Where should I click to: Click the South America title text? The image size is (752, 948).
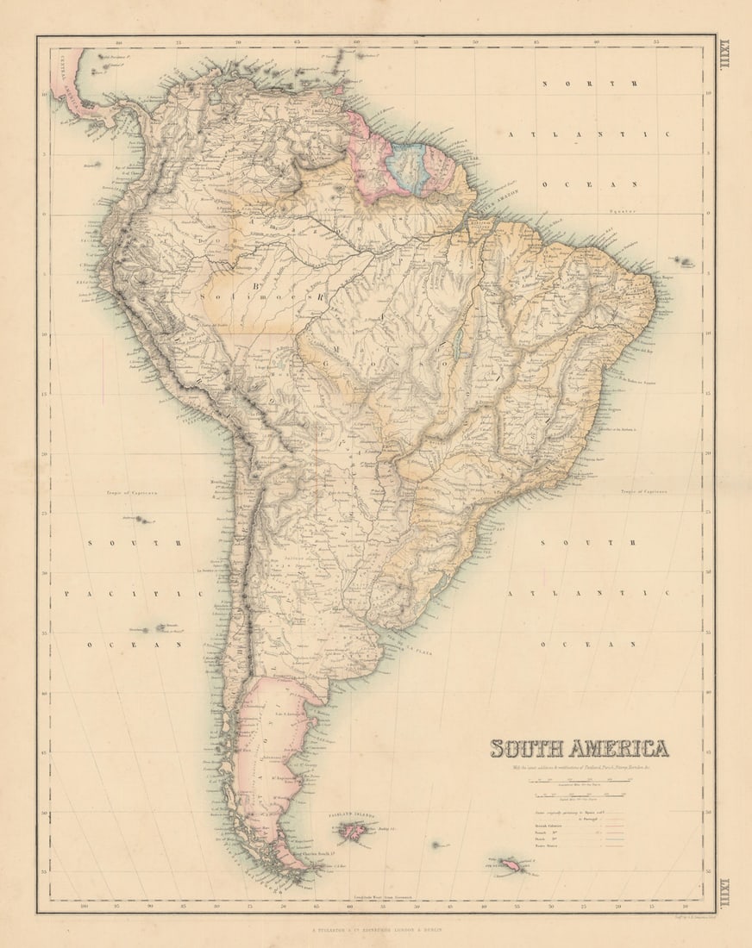[579, 748]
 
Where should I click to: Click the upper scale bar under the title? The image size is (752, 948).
[583, 780]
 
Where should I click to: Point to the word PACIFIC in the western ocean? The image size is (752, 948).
[133, 594]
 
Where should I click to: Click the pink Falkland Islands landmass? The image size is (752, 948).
[353, 831]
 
